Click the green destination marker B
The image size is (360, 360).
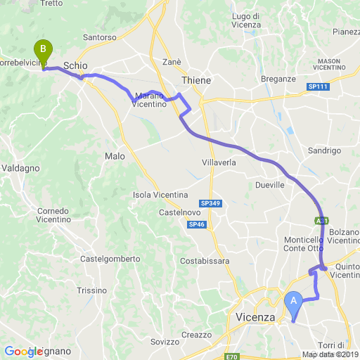pyautogui.click(x=44, y=51)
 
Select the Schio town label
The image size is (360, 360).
pyautogui.click(x=75, y=65)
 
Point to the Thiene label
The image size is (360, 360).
pyautogui.click(x=196, y=81)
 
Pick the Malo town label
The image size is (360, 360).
pyautogui.click(x=115, y=155)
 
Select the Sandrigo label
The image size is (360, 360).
pyautogui.click(x=324, y=150)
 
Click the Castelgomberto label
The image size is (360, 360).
pyautogui.click(x=110, y=259)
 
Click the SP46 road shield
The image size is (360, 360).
pyautogui.click(x=196, y=224)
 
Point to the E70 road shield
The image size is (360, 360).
pyautogui.click(x=233, y=356)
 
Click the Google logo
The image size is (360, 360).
pyautogui.click(x=23, y=351)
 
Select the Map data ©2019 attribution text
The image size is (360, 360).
pyautogui.click(x=330, y=354)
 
